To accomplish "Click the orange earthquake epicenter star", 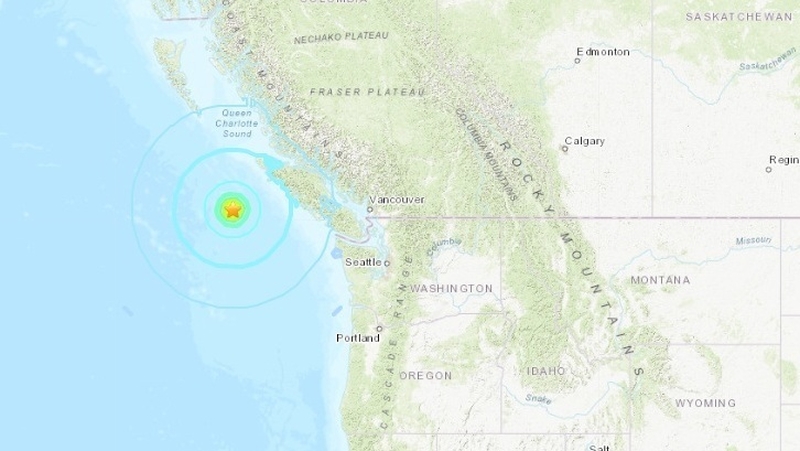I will pos(232,210).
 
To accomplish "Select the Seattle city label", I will pos(363,261).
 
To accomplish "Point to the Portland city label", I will pos(357,338).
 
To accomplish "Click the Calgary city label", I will pos(585,141).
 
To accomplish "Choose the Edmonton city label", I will pos(604,51).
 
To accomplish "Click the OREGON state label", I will pos(426,375).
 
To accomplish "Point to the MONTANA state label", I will pos(660,279).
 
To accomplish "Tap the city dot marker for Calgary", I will pos(565,149).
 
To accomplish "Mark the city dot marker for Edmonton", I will pos(578,60).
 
